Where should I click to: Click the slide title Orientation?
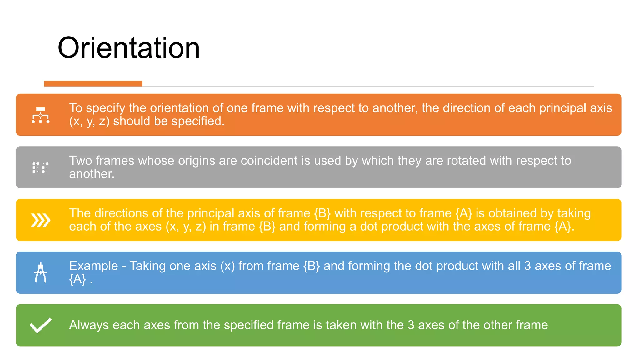pos(128,48)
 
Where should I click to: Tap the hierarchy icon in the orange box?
pos(41,115)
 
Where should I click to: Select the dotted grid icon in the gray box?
pos(41,167)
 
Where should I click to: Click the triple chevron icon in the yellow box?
pos(41,220)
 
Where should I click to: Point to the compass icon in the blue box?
pos(41,273)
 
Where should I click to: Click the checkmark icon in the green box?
pos(41,325)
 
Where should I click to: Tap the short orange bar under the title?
pos(93,83)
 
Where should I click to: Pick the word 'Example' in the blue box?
pos(93,266)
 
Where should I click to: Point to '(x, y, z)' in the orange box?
pos(89,121)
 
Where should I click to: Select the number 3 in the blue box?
pos(527,266)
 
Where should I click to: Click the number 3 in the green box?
pos(411,325)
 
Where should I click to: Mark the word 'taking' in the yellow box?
pos(574,213)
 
